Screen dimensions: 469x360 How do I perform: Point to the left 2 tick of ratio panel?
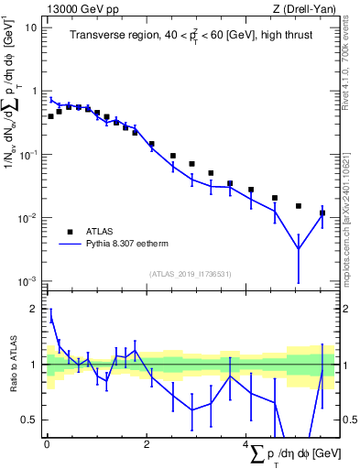36,310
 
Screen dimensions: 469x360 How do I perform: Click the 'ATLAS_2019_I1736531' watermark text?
191,274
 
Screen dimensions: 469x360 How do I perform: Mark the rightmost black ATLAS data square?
322,213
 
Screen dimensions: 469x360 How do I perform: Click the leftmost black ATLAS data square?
50,116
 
